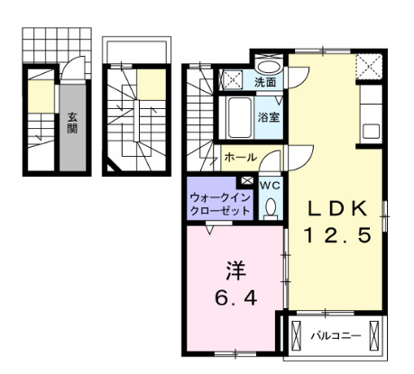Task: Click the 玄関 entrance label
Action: click(72, 123)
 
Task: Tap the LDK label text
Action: click(337, 208)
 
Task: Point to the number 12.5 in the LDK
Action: click(337, 235)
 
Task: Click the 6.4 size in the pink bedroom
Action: click(236, 298)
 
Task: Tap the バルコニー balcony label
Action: click(336, 335)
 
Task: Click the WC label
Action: click(270, 186)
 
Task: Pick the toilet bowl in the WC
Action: click(271, 207)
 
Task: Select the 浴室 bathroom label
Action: click(269, 117)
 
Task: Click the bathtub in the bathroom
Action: click(240, 117)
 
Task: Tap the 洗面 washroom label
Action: click(265, 82)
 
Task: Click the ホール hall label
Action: click(241, 157)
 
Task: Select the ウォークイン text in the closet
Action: click(220, 198)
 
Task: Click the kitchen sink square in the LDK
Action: click(372, 132)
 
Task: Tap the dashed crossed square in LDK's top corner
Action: click(369, 67)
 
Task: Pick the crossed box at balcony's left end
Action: click(297, 336)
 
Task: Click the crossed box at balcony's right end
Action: click(374, 336)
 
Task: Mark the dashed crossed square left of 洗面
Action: click(232, 79)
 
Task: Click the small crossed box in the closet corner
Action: click(247, 180)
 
